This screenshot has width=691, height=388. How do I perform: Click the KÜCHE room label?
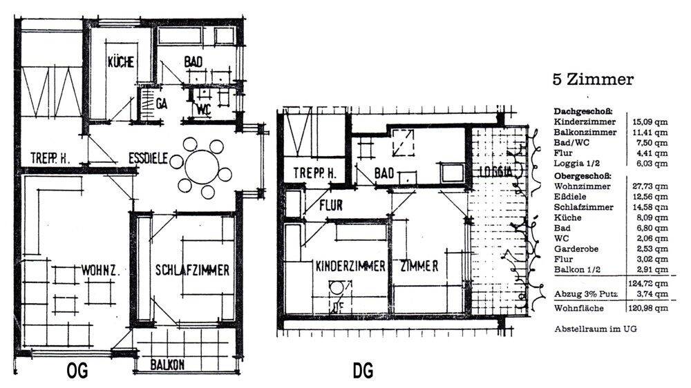click(120, 61)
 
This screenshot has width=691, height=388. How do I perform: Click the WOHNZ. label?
click(101, 271)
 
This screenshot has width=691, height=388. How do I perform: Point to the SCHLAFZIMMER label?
click(192, 271)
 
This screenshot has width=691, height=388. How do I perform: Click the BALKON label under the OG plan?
click(167, 365)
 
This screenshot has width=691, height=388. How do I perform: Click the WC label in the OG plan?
click(203, 109)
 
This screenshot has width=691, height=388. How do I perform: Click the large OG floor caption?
click(76, 371)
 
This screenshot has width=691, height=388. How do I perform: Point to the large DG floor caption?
click(363, 371)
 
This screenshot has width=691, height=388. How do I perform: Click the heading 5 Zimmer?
click(592, 79)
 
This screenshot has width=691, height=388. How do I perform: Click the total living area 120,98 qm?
click(648, 308)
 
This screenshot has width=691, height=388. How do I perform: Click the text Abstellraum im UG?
click(595, 329)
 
